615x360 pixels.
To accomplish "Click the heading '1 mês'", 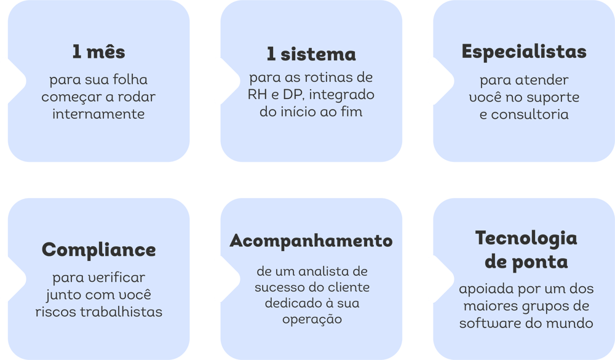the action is [x=98, y=52].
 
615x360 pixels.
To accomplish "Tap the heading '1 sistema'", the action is [x=311, y=54].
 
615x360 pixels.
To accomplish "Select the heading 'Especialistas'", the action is [x=524, y=52].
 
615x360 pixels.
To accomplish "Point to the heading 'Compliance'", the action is [x=99, y=250].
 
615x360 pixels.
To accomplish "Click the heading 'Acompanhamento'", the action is [x=311, y=241].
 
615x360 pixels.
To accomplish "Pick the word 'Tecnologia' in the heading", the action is [x=526, y=238].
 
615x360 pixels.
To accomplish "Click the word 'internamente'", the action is [x=98, y=114].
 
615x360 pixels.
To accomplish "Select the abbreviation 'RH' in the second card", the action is [x=257, y=95].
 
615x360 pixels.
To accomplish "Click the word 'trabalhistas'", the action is [x=121, y=312].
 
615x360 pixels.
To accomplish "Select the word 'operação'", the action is [x=312, y=319].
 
